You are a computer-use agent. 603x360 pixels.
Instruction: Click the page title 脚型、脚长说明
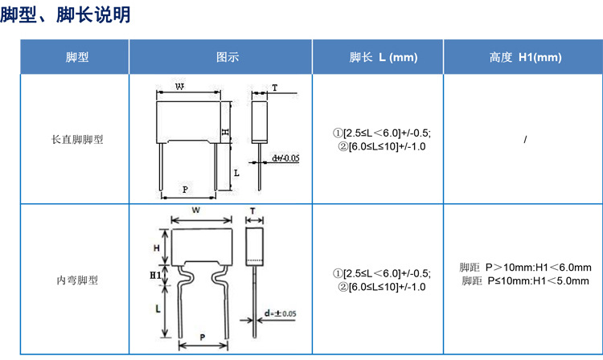(65, 15)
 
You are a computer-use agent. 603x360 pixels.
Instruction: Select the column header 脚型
(77, 57)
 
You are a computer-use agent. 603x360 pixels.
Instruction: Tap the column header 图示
(228, 57)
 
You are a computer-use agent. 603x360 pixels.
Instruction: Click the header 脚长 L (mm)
(384, 57)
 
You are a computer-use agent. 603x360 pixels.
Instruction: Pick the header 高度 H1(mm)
(525, 57)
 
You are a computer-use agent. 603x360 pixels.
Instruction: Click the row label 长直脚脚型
(77, 139)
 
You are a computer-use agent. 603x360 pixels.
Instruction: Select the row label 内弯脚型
(77, 280)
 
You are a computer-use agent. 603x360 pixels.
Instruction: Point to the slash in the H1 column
(525, 140)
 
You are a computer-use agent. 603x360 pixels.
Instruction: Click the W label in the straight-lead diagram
(179, 87)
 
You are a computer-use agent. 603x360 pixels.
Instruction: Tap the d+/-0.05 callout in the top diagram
(285, 158)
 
